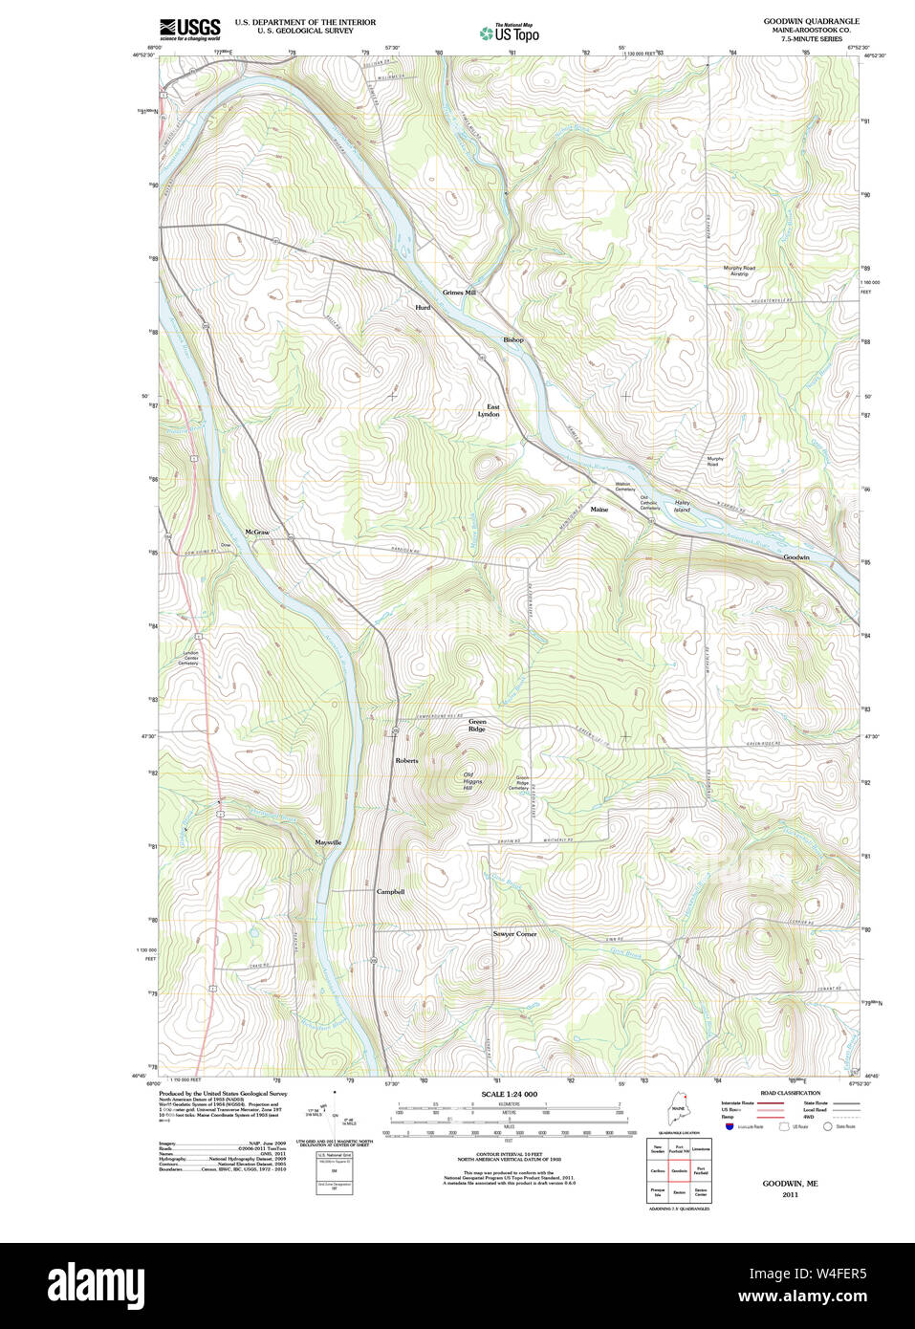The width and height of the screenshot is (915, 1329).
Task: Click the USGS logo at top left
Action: click(x=189, y=29)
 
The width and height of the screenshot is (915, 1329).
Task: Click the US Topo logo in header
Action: click(x=510, y=33)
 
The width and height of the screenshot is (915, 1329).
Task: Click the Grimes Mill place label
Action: click(x=459, y=293)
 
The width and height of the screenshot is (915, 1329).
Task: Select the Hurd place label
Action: click(x=423, y=308)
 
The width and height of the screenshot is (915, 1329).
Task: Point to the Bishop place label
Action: click(x=513, y=340)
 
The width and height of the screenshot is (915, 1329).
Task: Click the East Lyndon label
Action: click(x=490, y=411)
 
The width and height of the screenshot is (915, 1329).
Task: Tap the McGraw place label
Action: click(x=256, y=532)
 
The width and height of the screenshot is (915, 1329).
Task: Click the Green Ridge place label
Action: click(x=477, y=726)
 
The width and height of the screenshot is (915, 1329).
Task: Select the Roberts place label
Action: click(x=407, y=761)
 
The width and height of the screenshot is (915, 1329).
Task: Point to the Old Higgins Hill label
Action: click(x=471, y=781)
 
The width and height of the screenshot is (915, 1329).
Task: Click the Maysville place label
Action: click(x=328, y=842)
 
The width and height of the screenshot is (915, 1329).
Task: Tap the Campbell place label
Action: click(x=390, y=892)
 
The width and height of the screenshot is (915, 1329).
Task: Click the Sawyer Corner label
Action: click(x=514, y=934)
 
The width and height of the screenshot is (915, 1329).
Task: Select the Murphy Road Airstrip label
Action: click(x=738, y=271)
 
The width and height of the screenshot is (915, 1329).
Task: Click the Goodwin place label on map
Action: click(x=796, y=557)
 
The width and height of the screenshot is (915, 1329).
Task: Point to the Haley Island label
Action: click(x=682, y=506)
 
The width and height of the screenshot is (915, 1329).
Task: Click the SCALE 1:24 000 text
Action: click(x=509, y=1094)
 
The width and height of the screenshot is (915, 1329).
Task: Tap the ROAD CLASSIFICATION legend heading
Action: click(x=790, y=1093)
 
